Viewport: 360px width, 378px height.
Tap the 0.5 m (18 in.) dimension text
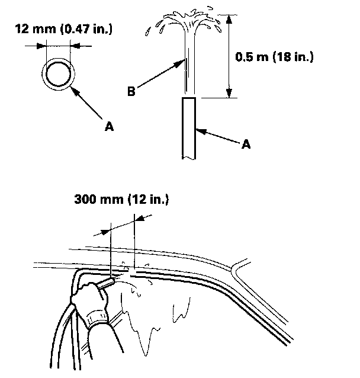[x=274, y=57]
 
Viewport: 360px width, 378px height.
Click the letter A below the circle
[x=108, y=126]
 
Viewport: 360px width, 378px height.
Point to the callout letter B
[x=133, y=91]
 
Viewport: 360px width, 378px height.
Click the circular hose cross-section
[x=57, y=74]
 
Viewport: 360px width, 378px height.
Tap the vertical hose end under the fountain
[x=189, y=127]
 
